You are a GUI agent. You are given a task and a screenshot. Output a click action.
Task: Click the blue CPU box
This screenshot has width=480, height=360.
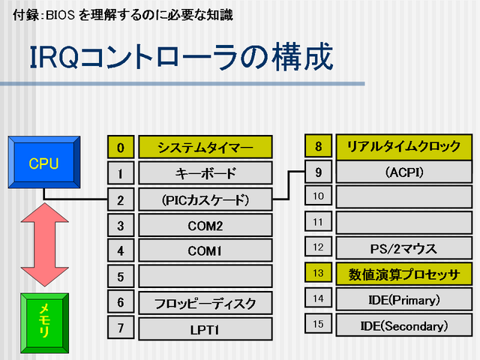tap(43, 162)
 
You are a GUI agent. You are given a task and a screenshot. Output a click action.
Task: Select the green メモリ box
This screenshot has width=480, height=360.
tap(43, 318)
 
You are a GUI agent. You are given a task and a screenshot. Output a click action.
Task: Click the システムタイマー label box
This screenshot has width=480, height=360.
tap(205, 148)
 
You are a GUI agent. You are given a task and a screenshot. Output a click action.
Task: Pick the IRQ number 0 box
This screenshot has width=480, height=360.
tap(121, 148)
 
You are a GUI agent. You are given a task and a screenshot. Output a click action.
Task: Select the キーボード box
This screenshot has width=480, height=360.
tap(205, 174)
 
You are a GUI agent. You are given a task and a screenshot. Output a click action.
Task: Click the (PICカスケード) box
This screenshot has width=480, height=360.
tap(205, 199)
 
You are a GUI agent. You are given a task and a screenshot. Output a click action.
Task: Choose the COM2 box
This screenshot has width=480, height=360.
tap(205, 225)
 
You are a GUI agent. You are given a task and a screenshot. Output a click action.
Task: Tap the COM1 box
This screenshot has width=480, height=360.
tap(205, 250)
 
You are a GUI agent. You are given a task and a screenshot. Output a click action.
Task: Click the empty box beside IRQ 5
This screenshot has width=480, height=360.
tap(205, 276)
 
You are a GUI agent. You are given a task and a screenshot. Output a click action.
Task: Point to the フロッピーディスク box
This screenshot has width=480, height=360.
tap(205, 302)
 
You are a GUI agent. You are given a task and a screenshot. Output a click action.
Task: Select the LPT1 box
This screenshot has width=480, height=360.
tap(205, 328)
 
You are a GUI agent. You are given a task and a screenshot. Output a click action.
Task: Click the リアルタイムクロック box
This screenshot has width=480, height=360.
tap(403, 146)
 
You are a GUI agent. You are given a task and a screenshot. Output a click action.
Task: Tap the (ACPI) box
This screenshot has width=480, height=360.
tap(403, 172)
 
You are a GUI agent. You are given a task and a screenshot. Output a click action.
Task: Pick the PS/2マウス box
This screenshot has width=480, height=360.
tap(403, 248)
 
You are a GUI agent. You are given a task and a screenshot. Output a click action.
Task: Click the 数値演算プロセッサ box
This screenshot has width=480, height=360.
tap(403, 274)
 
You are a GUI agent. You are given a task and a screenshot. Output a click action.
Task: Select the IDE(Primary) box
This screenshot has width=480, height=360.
tap(403, 299)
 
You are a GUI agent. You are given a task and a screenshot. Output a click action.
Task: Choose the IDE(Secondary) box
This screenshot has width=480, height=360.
tap(403, 325)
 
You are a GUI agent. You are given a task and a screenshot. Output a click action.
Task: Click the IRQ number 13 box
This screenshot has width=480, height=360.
tap(318, 274)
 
